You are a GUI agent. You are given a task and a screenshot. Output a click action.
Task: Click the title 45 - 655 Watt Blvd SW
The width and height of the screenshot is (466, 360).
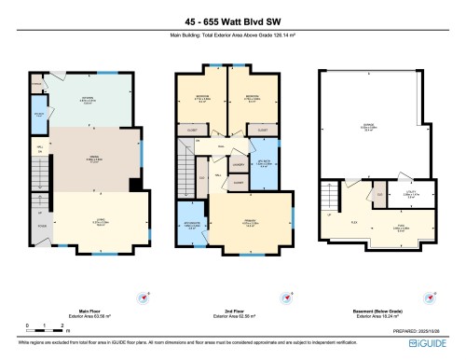[233, 21]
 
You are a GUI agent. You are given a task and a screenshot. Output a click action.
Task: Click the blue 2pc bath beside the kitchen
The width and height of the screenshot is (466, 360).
[39, 118]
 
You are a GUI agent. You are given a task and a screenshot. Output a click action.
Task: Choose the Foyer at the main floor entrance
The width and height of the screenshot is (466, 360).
[42, 226]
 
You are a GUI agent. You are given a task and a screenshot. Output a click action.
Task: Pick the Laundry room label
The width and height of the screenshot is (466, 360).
[239, 164]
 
